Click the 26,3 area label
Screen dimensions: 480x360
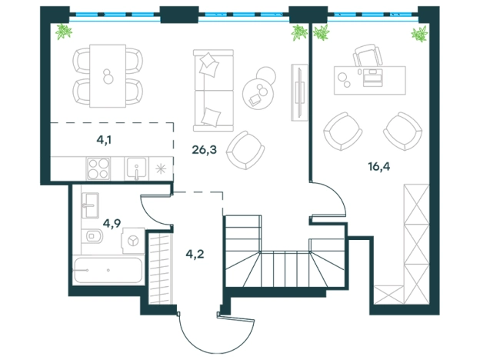click(x=204, y=150)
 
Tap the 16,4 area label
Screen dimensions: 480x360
click(x=379, y=167)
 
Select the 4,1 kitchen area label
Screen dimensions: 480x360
click(x=104, y=140)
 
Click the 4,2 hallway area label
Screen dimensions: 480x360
click(x=195, y=254)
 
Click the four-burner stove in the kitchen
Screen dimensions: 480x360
click(x=98, y=168)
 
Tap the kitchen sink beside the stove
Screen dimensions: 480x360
click(x=136, y=168)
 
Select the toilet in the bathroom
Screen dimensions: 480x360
click(x=92, y=236)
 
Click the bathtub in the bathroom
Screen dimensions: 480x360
click(x=108, y=271)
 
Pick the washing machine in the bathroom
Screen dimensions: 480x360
click(x=133, y=241)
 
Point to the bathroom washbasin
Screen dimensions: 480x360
click(x=90, y=205)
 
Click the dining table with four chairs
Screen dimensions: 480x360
click(x=108, y=76)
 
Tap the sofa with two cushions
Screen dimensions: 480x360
click(x=213, y=90)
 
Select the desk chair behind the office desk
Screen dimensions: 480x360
click(x=368, y=55)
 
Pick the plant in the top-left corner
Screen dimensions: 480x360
click(x=64, y=32)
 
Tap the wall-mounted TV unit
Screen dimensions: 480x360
click(x=299, y=92)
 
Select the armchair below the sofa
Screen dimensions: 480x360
click(x=245, y=150)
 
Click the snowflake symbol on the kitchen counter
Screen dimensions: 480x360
click(x=161, y=169)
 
